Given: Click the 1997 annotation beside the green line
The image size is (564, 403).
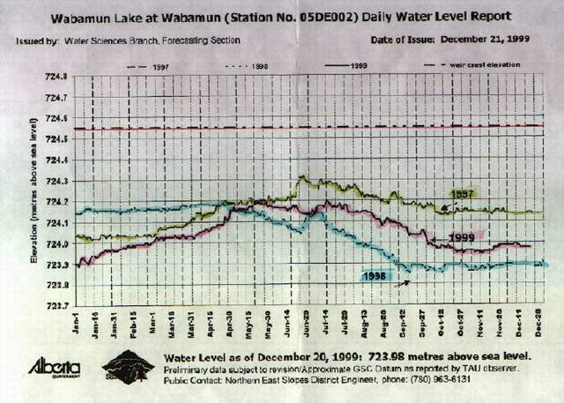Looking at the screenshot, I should pos(464,192).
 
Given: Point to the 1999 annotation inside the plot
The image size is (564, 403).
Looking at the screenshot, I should pos(460,237).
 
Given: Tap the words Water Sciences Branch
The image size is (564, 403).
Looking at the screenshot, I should pos(101,41).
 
